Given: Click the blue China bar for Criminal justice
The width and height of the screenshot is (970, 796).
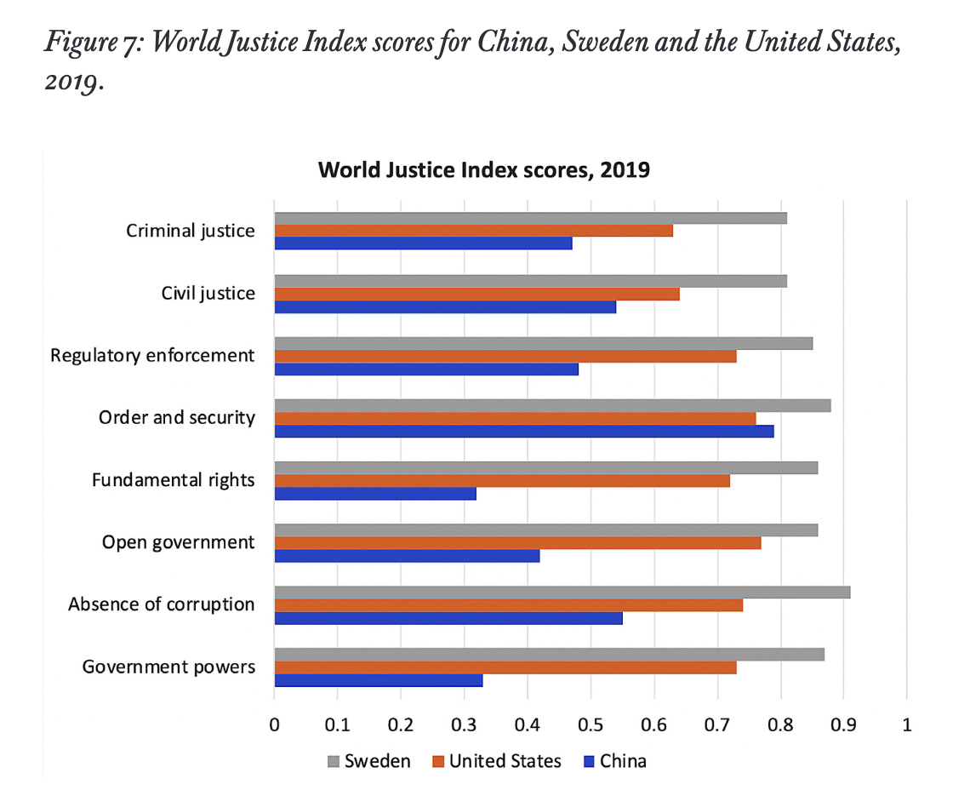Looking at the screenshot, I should click(423, 243).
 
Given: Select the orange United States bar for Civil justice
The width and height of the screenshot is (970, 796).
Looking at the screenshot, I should click(476, 294).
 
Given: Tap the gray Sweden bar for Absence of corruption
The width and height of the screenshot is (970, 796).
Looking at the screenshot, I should click(562, 592).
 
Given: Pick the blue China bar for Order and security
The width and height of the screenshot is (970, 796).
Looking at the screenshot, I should click(523, 431).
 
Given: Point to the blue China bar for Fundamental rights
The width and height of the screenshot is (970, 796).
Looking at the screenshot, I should click(374, 493).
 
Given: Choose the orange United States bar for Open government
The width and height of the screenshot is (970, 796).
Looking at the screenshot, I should click(517, 543).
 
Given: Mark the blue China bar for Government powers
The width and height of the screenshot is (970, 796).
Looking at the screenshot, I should click(378, 680).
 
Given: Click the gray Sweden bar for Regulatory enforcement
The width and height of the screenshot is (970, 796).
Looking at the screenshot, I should click(543, 343).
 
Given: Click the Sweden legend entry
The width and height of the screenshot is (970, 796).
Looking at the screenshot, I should click(368, 761).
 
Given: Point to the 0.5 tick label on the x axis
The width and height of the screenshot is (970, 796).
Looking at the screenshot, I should click(591, 725).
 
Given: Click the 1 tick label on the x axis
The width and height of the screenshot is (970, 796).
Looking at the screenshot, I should click(906, 725).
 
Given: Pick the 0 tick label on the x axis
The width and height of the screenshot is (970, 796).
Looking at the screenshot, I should click(274, 725).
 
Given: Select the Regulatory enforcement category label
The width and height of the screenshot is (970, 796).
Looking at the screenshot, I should click(152, 355).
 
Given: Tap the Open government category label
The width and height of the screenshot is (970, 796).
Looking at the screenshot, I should click(178, 542).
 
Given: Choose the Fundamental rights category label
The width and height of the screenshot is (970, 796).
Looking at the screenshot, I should click(173, 480).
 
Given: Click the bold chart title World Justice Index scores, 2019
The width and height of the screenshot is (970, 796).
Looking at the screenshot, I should click(484, 169).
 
